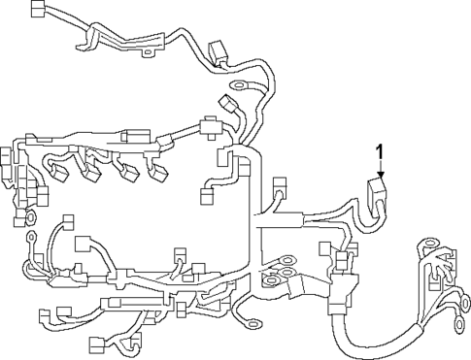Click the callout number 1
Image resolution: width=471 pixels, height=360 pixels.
[381, 151]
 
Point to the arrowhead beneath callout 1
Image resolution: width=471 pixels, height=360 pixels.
[381, 177]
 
